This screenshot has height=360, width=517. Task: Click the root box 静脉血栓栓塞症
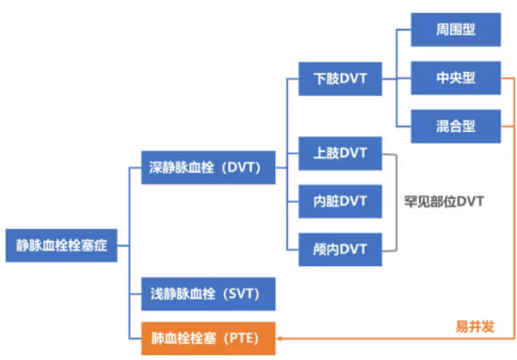tap(61, 245)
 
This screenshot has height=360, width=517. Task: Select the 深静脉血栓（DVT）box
tap(209, 167)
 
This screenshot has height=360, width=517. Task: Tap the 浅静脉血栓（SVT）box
tap(209, 294)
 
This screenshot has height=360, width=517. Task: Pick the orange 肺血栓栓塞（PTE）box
tap(209, 339)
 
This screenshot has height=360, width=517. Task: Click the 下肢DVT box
tap(341, 78)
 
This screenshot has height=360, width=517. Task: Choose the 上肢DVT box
tap(341, 153)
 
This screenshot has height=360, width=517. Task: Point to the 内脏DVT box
tap(341, 201)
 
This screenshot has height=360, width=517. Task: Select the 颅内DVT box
tap(341, 249)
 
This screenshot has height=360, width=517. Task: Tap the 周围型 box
tap(456, 30)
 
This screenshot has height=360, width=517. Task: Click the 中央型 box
tap(456, 78)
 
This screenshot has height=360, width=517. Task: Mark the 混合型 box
tap(456, 126)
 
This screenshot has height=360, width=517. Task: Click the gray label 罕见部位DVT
tap(444, 201)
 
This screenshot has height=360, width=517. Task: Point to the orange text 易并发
tap(475, 326)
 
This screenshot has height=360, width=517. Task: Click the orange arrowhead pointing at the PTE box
tap(279, 339)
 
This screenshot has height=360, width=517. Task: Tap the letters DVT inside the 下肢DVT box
tap(353, 78)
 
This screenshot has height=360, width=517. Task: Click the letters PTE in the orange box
tap(244, 339)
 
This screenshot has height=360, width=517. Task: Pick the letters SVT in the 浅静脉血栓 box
tap(243, 294)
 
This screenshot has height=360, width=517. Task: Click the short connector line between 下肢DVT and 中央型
tap(396, 78)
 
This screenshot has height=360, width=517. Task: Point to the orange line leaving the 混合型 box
tap(507, 126)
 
